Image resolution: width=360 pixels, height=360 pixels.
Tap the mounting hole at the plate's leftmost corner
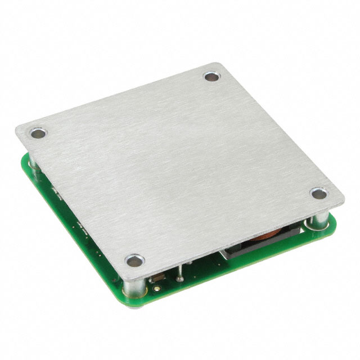(38, 134)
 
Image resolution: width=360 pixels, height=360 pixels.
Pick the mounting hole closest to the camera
(133, 261)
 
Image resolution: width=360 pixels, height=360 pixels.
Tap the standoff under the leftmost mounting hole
(33, 161)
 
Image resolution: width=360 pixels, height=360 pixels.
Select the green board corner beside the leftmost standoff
(24, 160)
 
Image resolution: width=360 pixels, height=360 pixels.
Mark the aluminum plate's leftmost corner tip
(17, 130)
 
